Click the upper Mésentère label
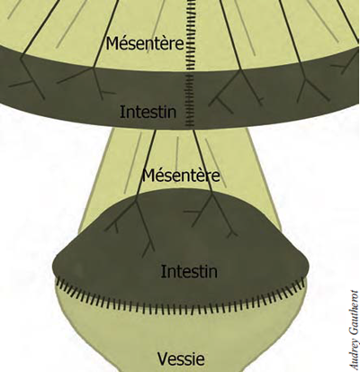(x=145, y=43)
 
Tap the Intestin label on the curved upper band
(x=148, y=112)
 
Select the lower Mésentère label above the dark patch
(x=181, y=176)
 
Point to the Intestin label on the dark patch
(x=189, y=271)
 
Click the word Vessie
(x=181, y=358)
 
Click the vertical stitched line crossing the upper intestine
(x=189, y=63)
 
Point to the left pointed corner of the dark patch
(x=54, y=268)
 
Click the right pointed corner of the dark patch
(x=308, y=266)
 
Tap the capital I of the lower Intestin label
(x=163, y=271)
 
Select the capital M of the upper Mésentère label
(x=112, y=44)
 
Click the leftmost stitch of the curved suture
(x=58, y=282)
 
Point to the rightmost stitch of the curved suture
(x=302, y=282)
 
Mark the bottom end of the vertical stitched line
(x=189, y=126)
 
